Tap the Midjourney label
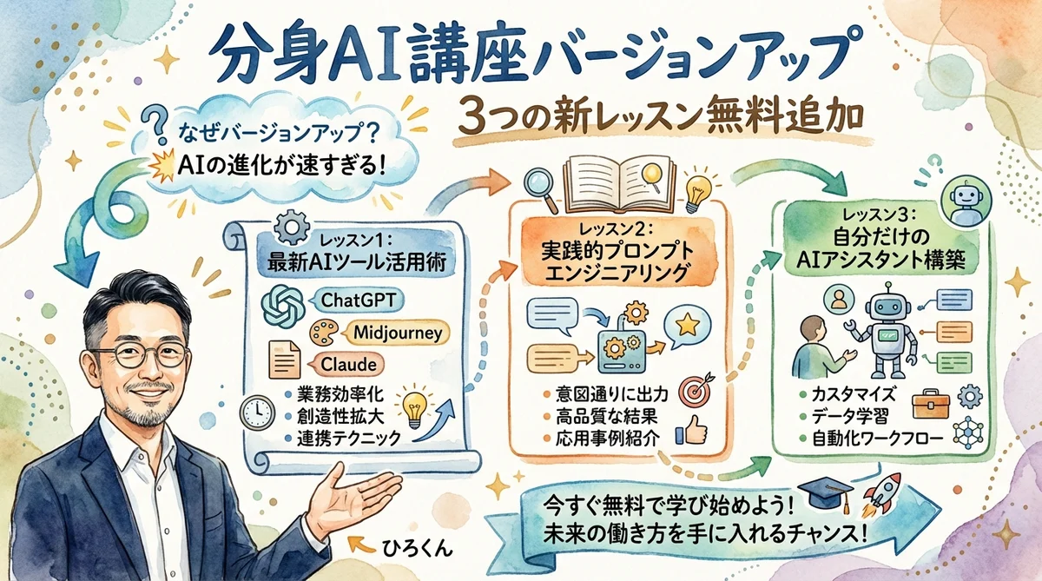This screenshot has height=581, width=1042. point(399,332)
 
